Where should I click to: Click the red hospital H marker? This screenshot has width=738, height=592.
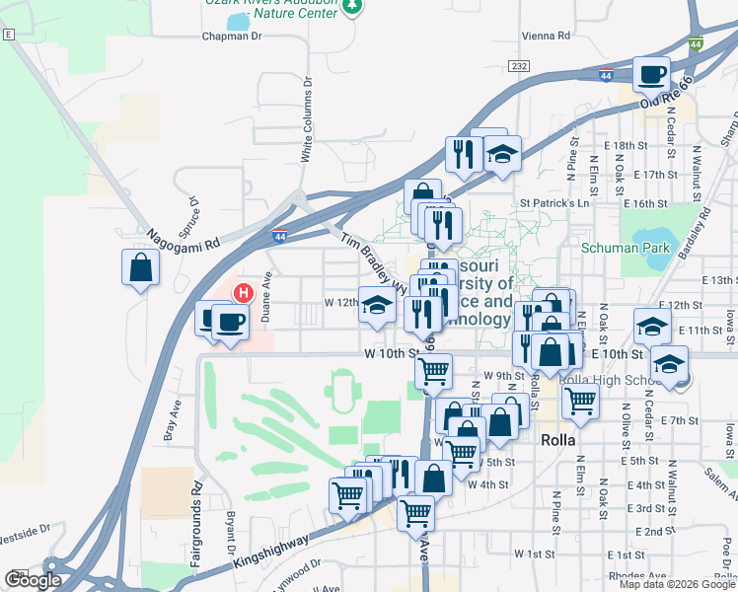pos(242,293)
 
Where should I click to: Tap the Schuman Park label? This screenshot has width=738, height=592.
pos(624,248)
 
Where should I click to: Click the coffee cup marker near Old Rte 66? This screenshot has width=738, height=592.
pos(651,74)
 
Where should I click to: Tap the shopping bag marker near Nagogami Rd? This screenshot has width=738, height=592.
pos(141,267)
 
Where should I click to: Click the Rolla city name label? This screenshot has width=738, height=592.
pos(564,440)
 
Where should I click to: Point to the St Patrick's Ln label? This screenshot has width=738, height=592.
pos(553,202)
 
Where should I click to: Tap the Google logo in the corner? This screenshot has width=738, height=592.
pos(32,579)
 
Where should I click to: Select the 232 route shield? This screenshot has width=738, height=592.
pos(519,65)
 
